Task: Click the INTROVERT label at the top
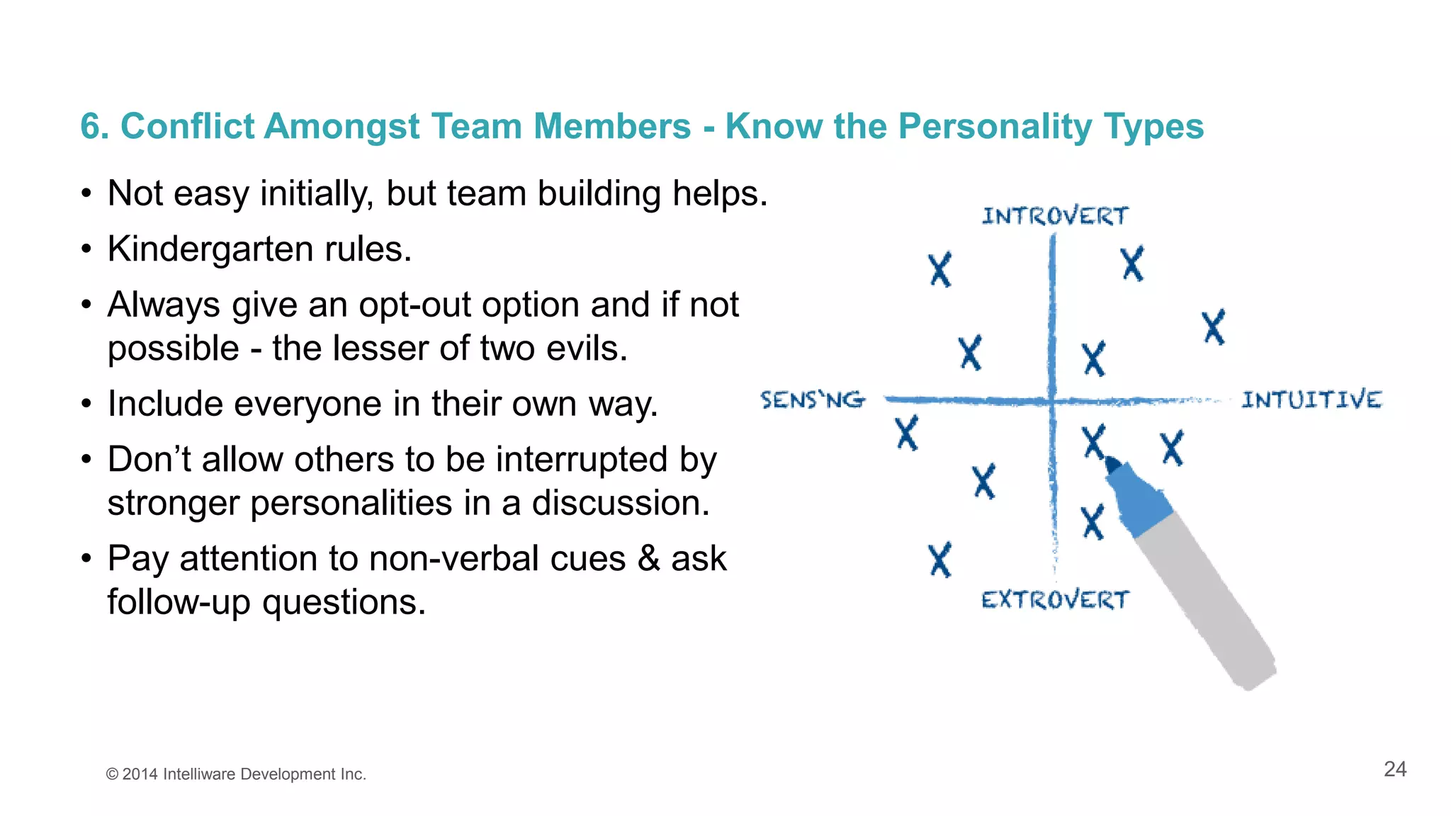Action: pyautogui.click(x=1054, y=215)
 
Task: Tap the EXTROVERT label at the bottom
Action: pyautogui.click(x=1054, y=600)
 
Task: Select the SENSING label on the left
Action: pyautogui.click(x=812, y=400)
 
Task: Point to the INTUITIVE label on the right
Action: pyautogui.click(x=1311, y=399)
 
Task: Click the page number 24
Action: pyautogui.click(x=1394, y=769)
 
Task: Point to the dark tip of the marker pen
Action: pyautogui.click(x=1112, y=465)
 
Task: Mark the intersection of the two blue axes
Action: pyautogui.click(x=1053, y=401)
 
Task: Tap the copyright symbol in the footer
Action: pyautogui.click(x=112, y=774)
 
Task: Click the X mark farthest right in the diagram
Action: pyautogui.click(x=1214, y=327)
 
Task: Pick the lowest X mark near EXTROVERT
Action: pyautogui.click(x=940, y=560)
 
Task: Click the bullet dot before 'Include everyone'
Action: pyautogui.click(x=86, y=404)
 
